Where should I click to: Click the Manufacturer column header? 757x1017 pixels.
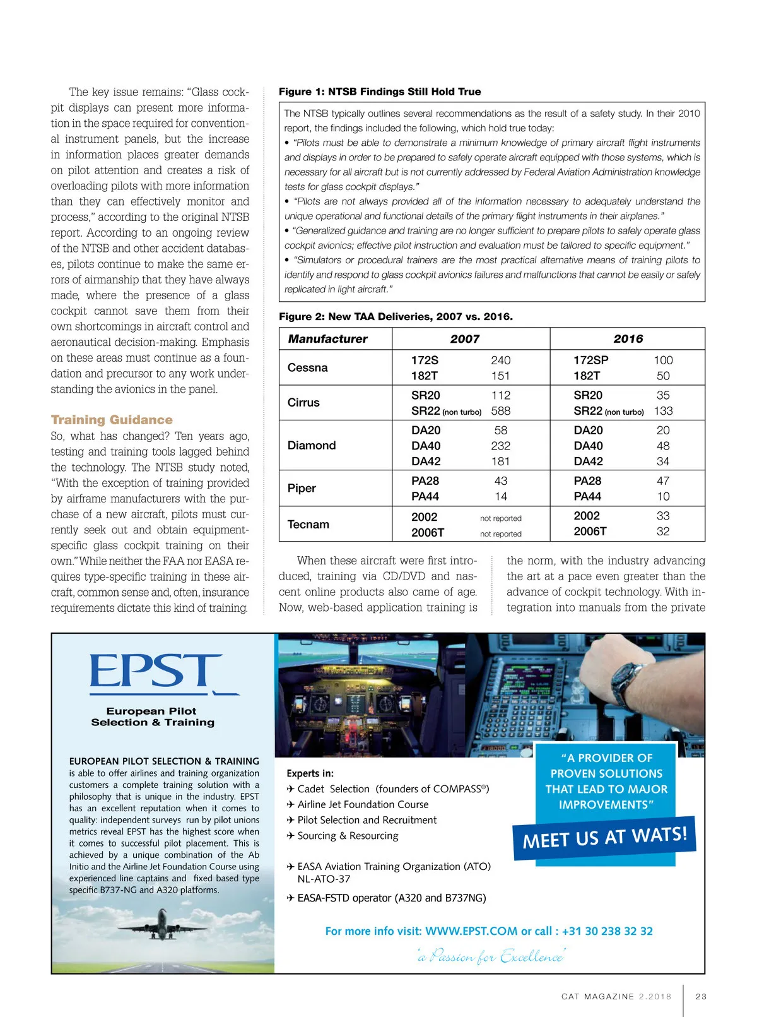pyautogui.click(x=327, y=339)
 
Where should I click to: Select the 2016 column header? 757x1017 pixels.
pyautogui.click(x=628, y=339)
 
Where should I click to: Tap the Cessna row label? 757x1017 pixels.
pyautogui.click(x=307, y=367)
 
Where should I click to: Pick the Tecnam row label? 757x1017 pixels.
pyautogui.click(x=308, y=524)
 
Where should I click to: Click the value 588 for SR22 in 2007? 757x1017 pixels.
pyautogui.click(x=500, y=411)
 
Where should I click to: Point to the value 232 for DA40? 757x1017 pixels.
pyautogui.click(x=500, y=446)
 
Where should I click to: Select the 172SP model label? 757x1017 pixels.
pyautogui.click(x=590, y=360)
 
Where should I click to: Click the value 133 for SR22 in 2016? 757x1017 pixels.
pyautogui.click(x=663, y=411)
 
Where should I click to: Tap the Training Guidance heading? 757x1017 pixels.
pyautogui.click(x=112, y=420)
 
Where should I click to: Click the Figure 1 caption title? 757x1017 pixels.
pyautogui.click(x=380, y=92)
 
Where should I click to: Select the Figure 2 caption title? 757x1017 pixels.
pyautogui.click(x=396, y=316)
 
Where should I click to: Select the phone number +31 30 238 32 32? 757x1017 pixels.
pyautogui.click(x=607, y=931)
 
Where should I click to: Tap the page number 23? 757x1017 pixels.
pyautogui.click(x=701, y=996)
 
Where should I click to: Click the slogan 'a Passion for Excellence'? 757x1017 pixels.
pyautogui.click(x=491, y=957)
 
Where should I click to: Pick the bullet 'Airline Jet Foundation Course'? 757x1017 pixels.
pyautogui.click(x=363, y=804)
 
